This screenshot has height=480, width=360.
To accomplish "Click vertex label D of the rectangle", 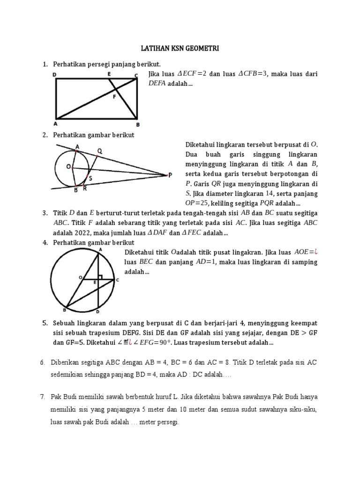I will point(55,74).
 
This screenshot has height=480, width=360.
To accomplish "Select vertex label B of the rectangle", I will point(137,125).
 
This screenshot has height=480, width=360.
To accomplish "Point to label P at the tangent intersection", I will point(170,175).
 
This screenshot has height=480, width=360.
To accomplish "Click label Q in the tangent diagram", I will point(99,150).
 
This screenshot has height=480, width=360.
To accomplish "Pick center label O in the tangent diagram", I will point(68,166).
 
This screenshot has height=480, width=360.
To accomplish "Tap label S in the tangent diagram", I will point(90,178).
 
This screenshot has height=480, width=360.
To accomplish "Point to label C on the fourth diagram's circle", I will point(117,280).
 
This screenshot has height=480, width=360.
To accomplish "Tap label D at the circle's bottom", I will point(97,312).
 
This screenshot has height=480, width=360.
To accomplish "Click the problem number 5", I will point(45,323).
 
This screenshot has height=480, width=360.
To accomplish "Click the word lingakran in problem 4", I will point(243,252).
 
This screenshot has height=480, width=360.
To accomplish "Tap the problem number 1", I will point(45,64).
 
